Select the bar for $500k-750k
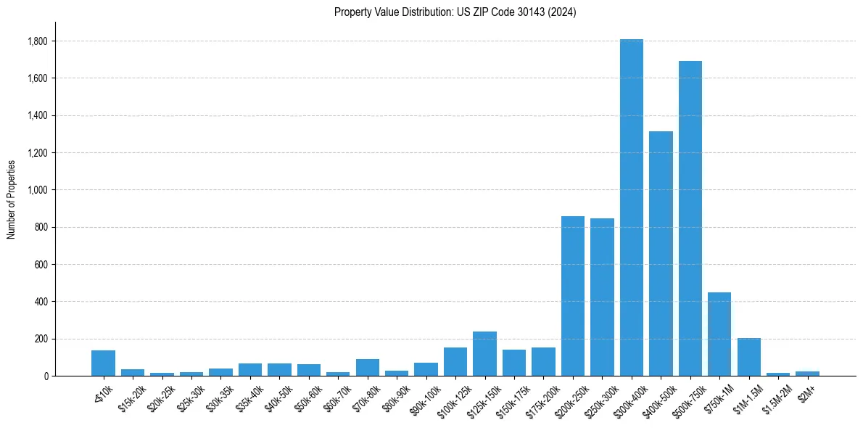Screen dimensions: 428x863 690,218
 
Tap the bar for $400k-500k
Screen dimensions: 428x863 661,253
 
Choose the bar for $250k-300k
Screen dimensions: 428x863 602,297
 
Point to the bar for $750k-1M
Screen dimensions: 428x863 719,334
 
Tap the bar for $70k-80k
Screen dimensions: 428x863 368,367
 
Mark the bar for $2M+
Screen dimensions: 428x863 807,374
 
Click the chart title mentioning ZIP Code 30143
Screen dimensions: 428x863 455,12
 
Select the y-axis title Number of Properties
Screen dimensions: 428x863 12,199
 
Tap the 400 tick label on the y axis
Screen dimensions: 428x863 41,302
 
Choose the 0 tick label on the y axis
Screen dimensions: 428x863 45,376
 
